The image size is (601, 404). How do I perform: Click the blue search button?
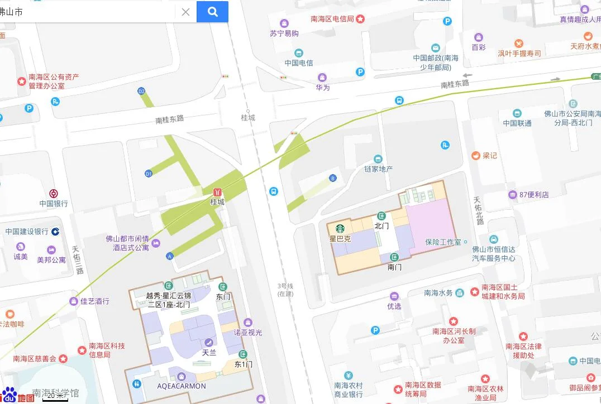coord(212,12)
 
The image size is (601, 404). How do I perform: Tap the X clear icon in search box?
coord(185,12)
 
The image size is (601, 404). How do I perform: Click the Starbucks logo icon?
coord(340,228)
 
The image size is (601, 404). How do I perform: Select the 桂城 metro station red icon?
coord(217,191)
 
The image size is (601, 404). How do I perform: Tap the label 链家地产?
coord(379,169)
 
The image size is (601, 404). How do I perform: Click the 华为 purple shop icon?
coord(322,77)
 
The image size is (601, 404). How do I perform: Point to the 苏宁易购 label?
coord(284,33)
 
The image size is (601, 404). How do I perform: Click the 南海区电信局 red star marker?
coord(361,19)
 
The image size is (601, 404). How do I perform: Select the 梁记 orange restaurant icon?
coord(476,155)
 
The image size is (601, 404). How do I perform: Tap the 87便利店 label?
coord(534,195)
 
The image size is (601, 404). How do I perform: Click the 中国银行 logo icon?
coord(54,194)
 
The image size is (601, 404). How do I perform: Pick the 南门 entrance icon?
coord(394,257)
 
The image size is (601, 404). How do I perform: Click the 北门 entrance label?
coord(381,226)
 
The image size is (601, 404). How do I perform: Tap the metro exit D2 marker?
coord(141,91)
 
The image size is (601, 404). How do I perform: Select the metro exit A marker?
coord(170,256)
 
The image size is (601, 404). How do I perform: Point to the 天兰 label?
coord(209,353)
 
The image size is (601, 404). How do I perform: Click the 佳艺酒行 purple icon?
coord(74,301)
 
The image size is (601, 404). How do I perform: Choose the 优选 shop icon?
coord(394,296)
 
